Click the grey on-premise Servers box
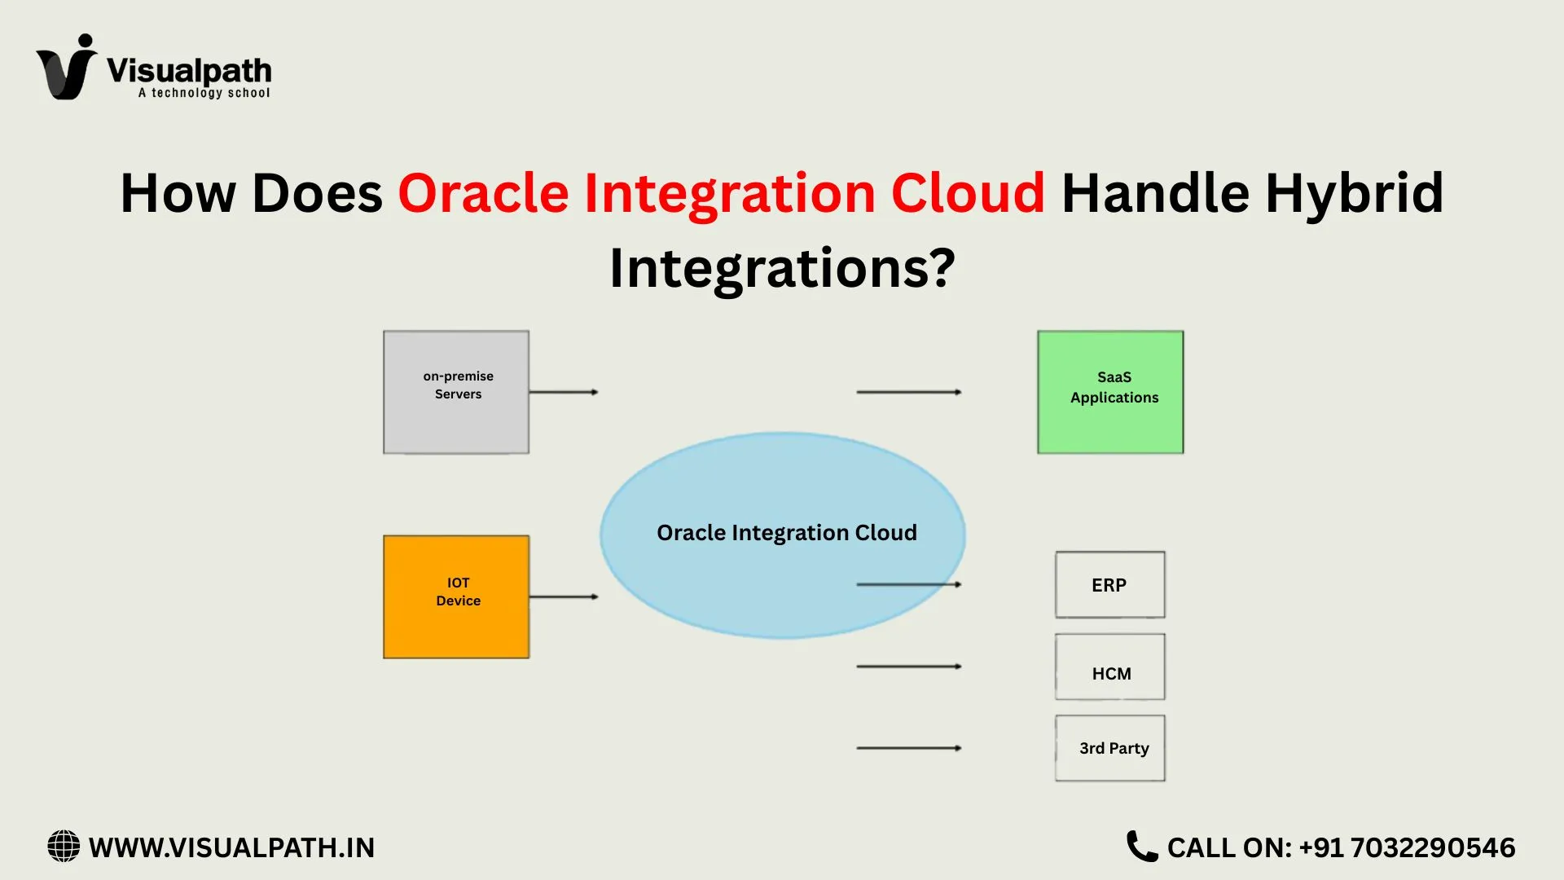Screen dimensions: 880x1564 456,392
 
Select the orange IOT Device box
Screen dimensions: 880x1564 456,596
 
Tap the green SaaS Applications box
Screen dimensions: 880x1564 1110,392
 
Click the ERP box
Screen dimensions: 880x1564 1109,584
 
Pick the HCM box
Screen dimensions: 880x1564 1109,667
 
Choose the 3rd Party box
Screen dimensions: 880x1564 1109,748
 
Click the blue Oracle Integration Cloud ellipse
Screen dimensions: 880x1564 782,505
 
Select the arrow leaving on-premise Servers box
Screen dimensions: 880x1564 564,392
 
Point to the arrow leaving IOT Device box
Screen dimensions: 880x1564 564,596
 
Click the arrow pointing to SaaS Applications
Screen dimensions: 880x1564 908,392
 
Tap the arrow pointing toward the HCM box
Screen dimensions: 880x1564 908,667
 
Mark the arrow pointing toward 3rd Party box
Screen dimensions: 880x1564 908,748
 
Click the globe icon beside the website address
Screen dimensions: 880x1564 64,847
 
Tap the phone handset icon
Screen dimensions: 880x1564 1141,847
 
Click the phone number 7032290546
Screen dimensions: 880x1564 1433,847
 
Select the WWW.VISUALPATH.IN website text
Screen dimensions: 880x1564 231,847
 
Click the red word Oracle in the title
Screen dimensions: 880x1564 483,194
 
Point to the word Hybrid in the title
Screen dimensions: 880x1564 1354,194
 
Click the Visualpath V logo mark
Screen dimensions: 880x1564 67,68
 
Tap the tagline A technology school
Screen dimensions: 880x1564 204,93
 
